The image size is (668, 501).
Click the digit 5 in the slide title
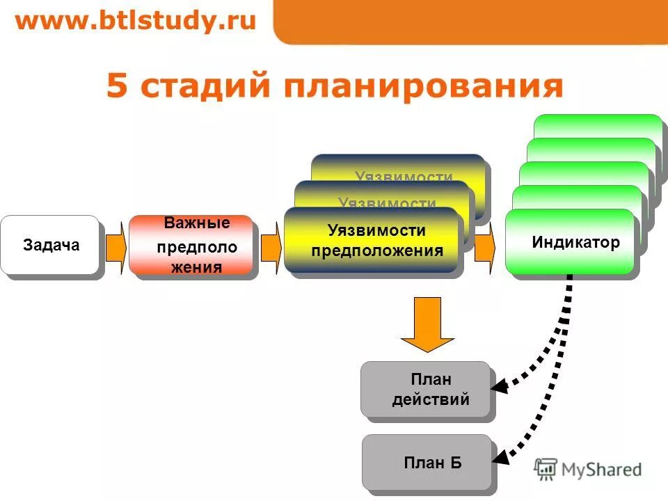(x=118, y=87)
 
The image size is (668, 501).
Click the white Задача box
(x=50, y=245)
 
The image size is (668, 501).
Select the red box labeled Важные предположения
(x=191, y=246)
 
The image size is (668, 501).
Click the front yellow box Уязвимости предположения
(x=373, y=241)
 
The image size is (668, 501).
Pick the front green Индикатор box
(x=570, y=242)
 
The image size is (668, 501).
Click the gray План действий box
(x=426, y=390)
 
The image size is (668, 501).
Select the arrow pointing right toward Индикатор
(x=484, y=246)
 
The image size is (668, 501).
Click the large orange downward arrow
(x=427, y=324)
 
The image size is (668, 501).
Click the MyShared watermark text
(x=601, y=470)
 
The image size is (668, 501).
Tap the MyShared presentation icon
(x=546, y=470)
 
